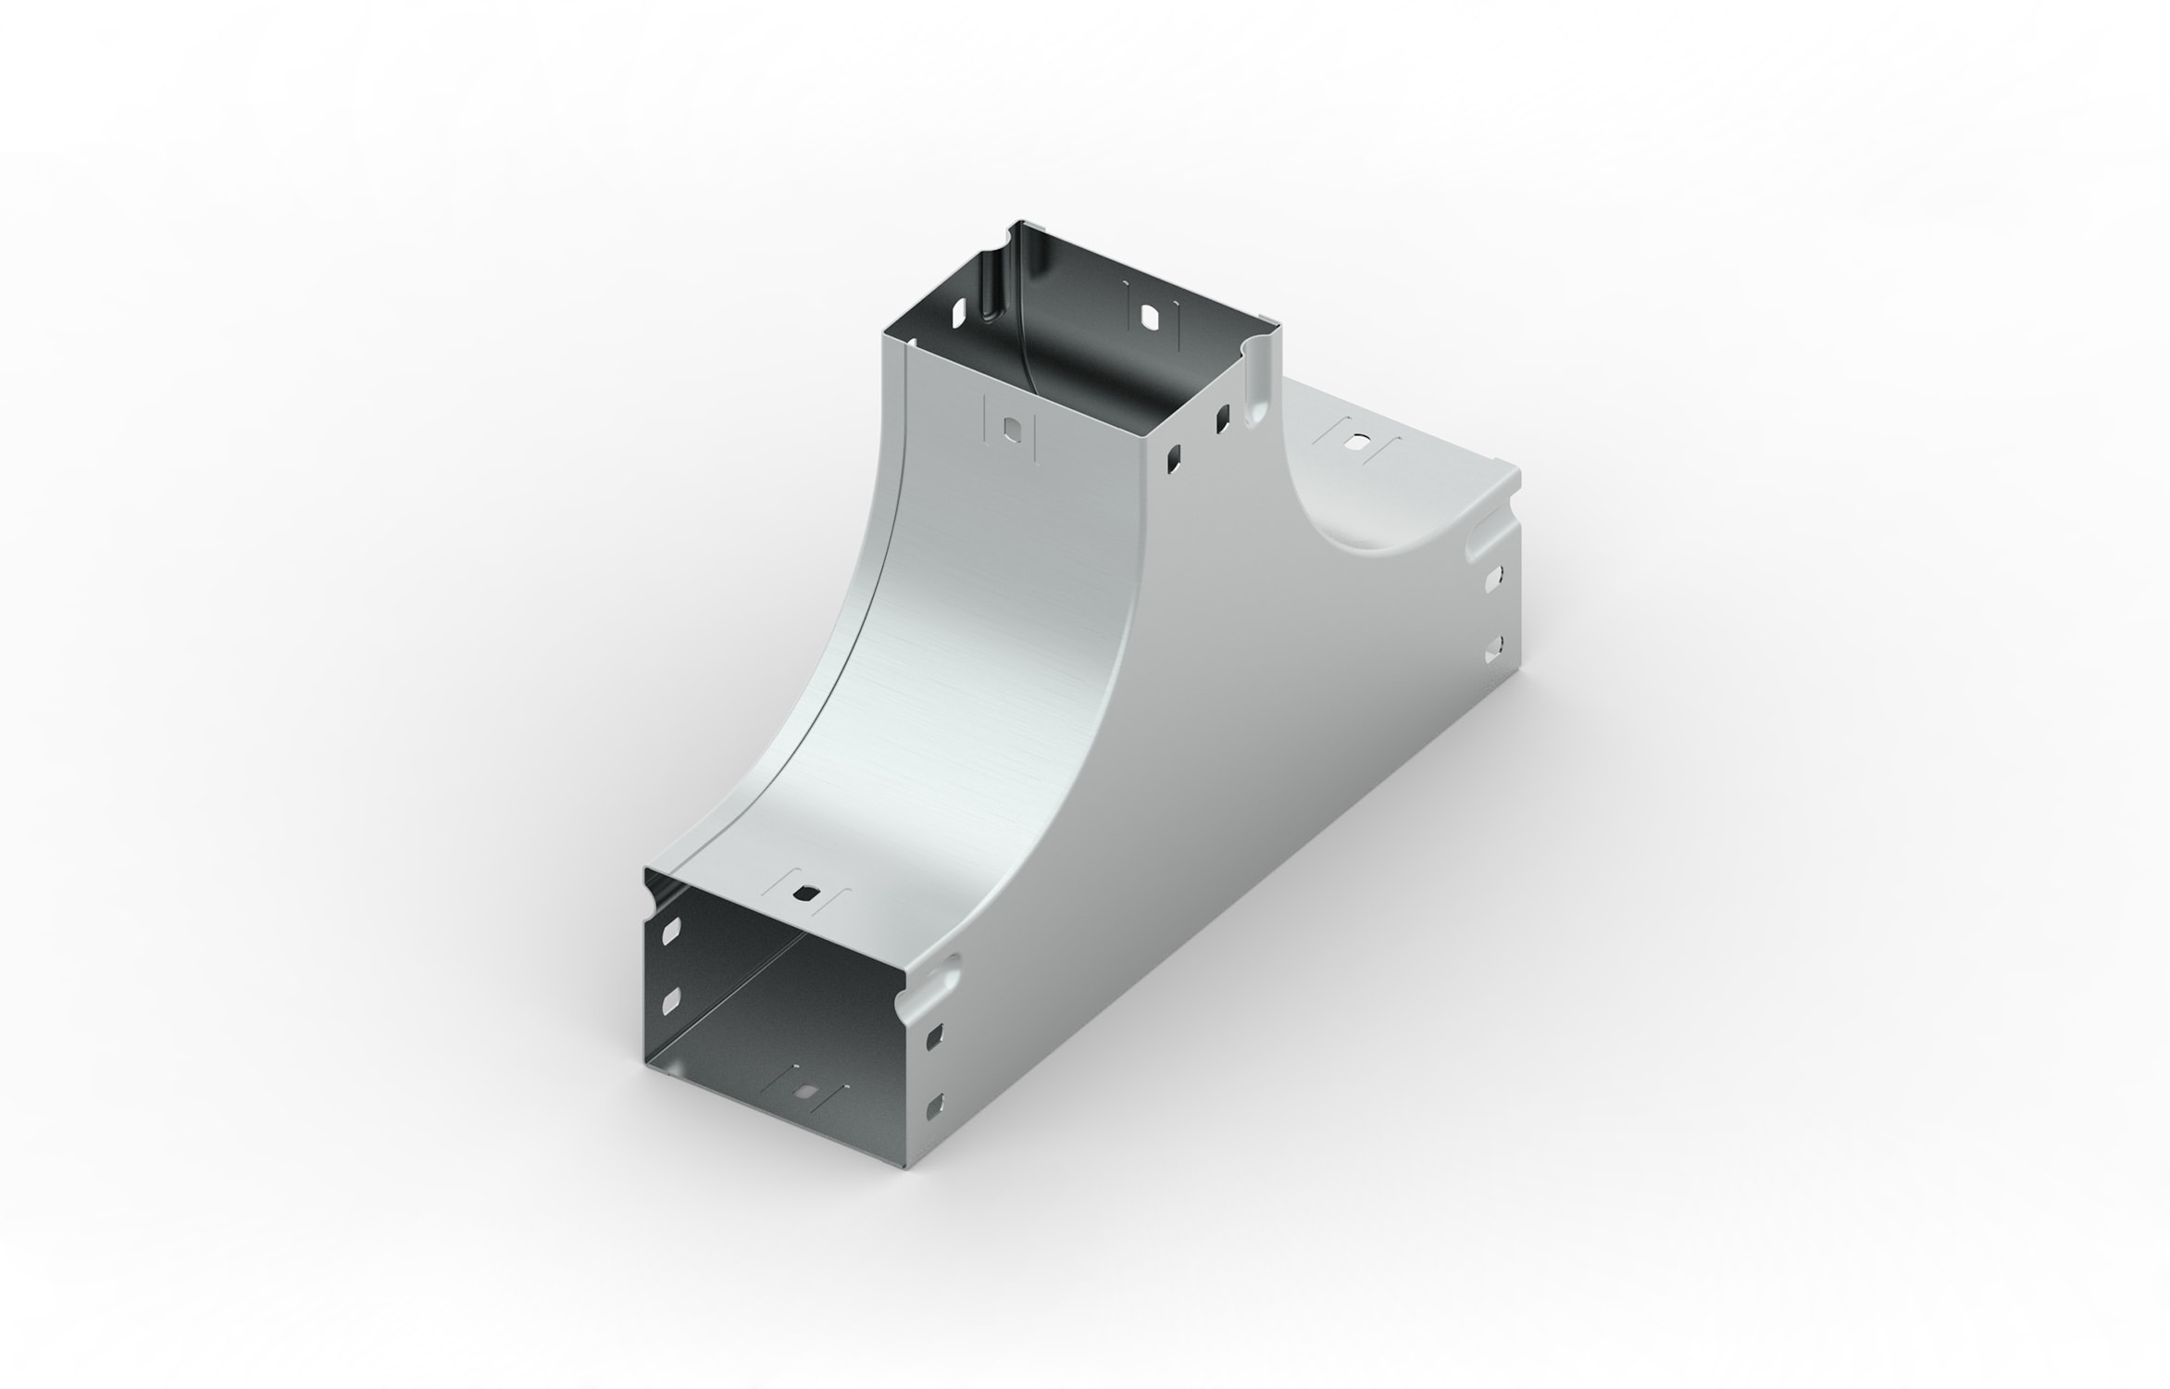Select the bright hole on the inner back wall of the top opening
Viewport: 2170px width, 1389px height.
1150,317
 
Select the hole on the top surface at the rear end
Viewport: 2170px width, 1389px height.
1358,443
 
